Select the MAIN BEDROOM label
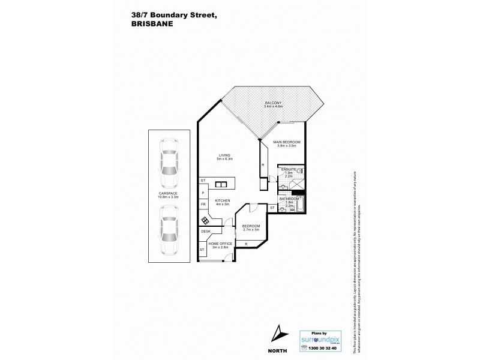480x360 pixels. pos(287,142)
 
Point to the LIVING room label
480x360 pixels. pos(225,155)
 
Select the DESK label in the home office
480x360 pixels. pos(205,232)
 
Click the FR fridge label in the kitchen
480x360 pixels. pos(203,205)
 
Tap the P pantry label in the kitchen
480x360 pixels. pos(203,193)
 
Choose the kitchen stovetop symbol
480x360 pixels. pos(205,220)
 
